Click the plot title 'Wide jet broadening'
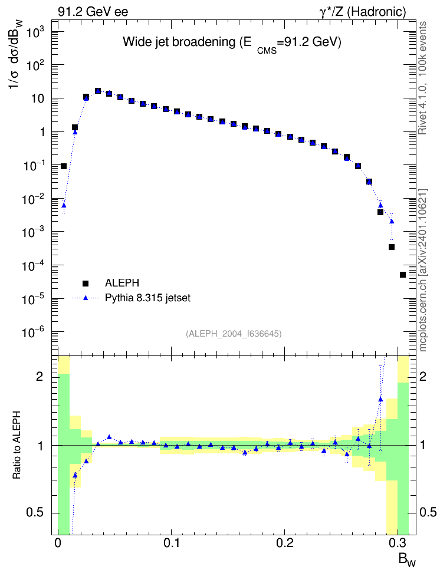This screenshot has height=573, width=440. pyautogui.click(x=179, y=42)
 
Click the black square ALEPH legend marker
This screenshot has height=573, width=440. pyautogui.click(x=86, y=283)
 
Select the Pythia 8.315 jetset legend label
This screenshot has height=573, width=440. pyautogui.click(x=148, y=298)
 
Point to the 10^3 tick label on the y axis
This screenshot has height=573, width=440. pyautogui.click(x=35, y=33)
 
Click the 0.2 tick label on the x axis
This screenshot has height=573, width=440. pyautogui.click(x=285, y=543)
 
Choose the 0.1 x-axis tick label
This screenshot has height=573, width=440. pyautogui.click(x=172, y=543)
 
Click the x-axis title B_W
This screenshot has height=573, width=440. pyautogui.click(x=407, y=559)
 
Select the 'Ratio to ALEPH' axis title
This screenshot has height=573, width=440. pyautogui.click(x=17, y=446)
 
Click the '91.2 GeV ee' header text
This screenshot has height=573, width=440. pyautogui.click(x=93, y=12)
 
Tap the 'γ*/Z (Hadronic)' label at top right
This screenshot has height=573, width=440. pyautogui.click(x=363, y=12)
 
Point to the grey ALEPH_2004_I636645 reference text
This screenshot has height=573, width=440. pyautogui.click(x=234, y=334)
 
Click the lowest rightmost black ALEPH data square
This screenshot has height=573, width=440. pyautogui.click(x=403, y=275)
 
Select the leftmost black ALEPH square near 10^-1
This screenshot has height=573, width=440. pyautogui.click(x=64, y=166)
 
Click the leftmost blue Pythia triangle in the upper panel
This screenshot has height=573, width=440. pyautogui.click(x=64, y=205)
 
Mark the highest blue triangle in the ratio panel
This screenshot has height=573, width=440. pyautogui.click(x=380, y=399)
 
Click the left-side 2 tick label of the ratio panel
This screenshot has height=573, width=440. pyautogui.click(x=40, y=376)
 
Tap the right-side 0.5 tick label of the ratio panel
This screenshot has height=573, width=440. pyautogui.click(x=428, y=512)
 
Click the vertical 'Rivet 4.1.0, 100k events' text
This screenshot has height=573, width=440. pyautogui.click(x=422, y=78)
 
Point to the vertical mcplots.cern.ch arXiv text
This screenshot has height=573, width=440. pyautogui.click(x=422, y=270)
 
